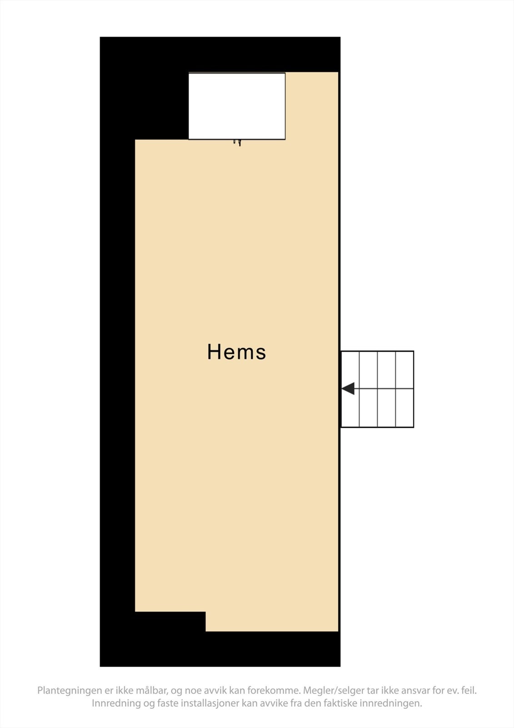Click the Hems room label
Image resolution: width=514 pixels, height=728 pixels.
point(236,352)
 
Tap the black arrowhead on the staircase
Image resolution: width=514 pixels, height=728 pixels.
point(348,389)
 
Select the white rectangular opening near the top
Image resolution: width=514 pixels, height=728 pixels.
point(237,106)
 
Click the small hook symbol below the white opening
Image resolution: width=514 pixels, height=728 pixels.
point(237,142)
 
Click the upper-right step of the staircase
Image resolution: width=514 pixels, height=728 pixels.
point(404,370)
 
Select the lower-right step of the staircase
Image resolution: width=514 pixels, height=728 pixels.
point(404,408)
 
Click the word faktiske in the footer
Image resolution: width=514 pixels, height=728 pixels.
point(341,703)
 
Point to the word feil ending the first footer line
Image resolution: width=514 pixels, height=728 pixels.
point(469,691)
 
